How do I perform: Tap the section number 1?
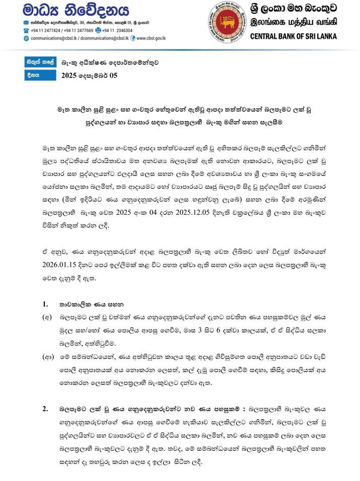(x=45, y=304)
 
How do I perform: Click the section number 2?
(x=45, y=409)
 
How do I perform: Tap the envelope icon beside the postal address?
(x=26, y=23)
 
